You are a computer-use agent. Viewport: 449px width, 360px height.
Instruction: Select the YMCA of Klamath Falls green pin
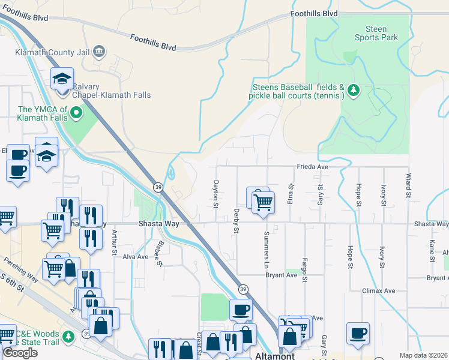tap(76, 112)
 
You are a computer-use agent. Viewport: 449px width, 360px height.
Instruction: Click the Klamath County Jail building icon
tap(100, 52)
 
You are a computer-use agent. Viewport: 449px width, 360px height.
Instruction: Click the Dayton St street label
tap(215, 194)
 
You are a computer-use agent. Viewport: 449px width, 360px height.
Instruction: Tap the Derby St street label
tap(237, 221)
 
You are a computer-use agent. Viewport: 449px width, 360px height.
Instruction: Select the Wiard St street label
tap(408, 186)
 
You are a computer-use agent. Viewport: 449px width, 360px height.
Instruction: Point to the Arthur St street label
tap(114, 242)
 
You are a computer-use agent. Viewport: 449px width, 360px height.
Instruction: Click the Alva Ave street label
tap(135, 256)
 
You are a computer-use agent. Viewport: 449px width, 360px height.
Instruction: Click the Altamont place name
tap(275, 356)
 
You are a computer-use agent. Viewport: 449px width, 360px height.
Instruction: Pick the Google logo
tap(20, 353)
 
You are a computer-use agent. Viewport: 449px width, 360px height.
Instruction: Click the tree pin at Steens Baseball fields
tap(354, 90)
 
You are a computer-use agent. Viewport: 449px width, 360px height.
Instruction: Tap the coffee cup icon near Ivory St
tap(358, 333)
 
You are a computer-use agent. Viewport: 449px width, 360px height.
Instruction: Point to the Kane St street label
tap(432, 248)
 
